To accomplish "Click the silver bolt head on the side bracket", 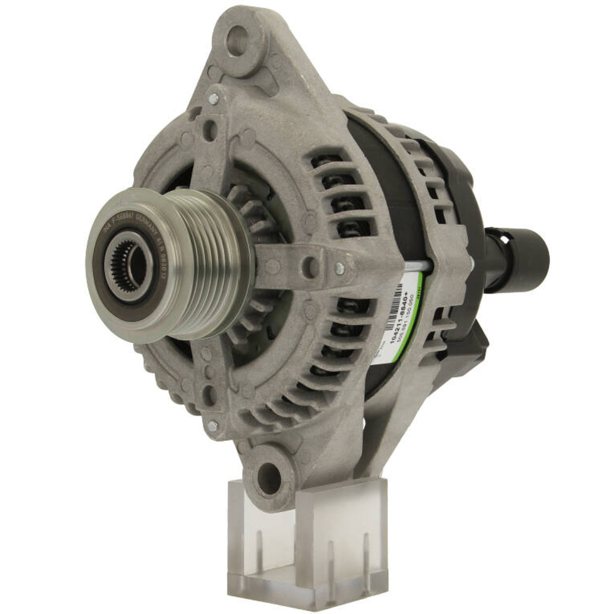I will (339, 268).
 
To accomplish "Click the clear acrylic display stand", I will (307, 540).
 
